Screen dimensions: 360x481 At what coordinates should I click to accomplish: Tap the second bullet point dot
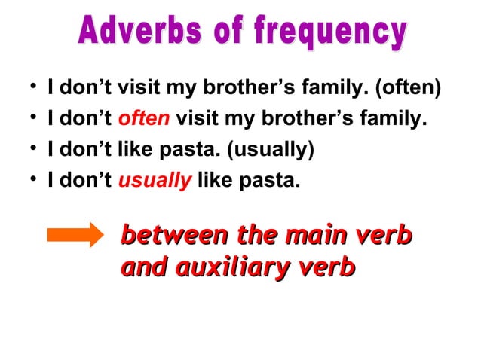tap(30, 119)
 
